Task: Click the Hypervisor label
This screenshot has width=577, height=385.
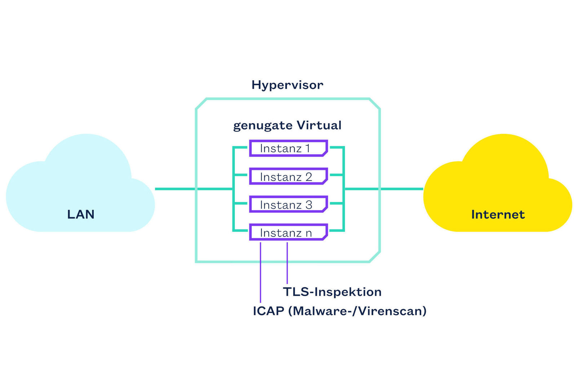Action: (287, 85)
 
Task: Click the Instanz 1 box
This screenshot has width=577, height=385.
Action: (288, 148)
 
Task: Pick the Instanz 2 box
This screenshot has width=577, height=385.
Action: (288, 177)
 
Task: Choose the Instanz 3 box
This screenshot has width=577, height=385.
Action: (288, 204)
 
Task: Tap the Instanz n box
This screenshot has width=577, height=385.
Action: (288, 233)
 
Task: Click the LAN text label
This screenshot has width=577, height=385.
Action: (81, 215)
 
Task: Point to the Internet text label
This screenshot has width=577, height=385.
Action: (498, 215)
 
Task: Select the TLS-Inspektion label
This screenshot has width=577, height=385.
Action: (332, 292)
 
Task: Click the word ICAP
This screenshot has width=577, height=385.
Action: (268, 311)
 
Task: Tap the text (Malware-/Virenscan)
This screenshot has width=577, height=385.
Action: (357, 311)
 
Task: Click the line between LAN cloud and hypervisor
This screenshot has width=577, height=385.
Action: (175, 189)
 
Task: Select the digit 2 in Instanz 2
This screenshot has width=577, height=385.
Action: (309, 177)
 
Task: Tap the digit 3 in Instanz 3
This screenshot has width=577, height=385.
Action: (309, 205)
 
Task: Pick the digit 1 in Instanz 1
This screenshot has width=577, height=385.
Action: (308, 148)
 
